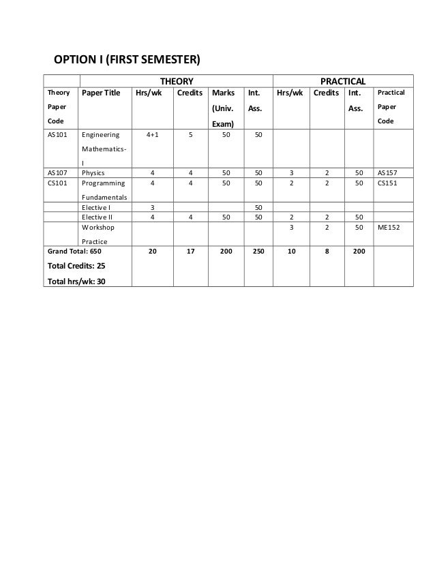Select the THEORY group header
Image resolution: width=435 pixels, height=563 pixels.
pos(176,80)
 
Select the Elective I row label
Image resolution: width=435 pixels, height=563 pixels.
pos(95,207)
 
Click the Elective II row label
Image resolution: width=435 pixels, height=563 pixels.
pos(97,216)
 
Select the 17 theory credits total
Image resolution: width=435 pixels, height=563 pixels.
pos(190,251)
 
